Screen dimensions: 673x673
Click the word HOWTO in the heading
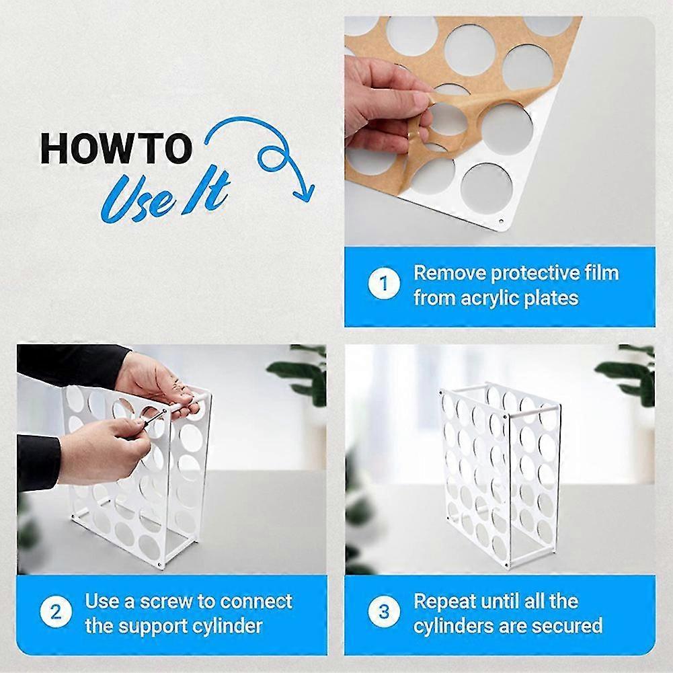tap(116, 149)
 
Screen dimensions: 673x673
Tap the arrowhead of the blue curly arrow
tap(303, 192)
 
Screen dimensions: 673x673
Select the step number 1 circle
tap(385, 284)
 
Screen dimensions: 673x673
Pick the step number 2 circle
tap(56, 612)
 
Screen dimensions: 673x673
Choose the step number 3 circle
tap(384, 612)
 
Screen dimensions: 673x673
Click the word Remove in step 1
tap(448, 274)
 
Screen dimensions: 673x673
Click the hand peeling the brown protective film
tap(383, 101)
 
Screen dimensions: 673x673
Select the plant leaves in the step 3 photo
tap(629, 377)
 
